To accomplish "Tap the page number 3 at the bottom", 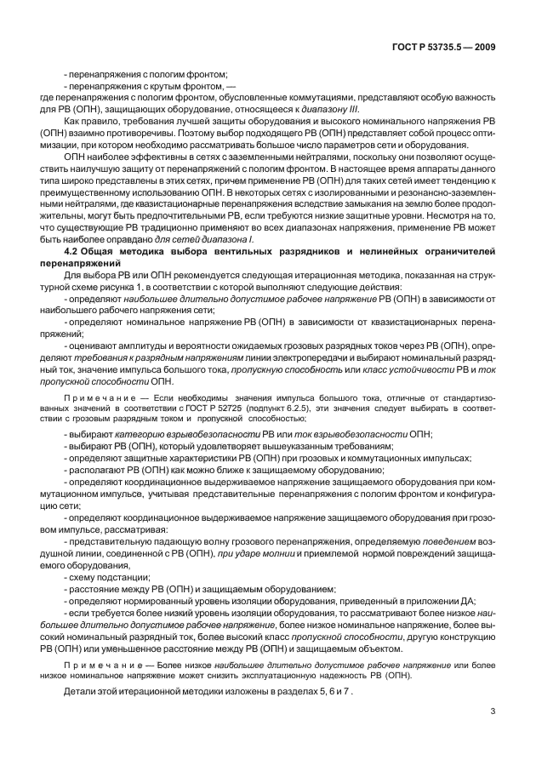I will click(492, 712).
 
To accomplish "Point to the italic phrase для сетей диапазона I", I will click(216, 240).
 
